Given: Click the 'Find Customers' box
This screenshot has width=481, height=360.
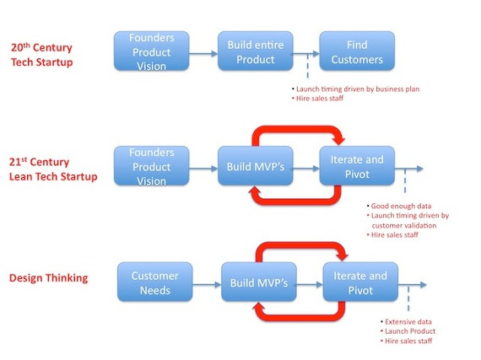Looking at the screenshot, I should pyautogui.click(x=356, y=52).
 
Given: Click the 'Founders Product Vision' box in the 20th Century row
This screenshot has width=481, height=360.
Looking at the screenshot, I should pyautogui.click(x=150, y=52).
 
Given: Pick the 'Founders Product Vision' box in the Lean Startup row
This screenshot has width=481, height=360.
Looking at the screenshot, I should pyautogui.click(x=150, y=167).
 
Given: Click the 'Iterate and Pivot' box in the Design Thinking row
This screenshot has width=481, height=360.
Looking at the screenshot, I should pyautogui.click(x=359, y=282).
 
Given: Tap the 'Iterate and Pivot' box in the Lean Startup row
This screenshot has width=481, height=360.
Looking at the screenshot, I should pyautogui.click(x=356, y=167).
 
